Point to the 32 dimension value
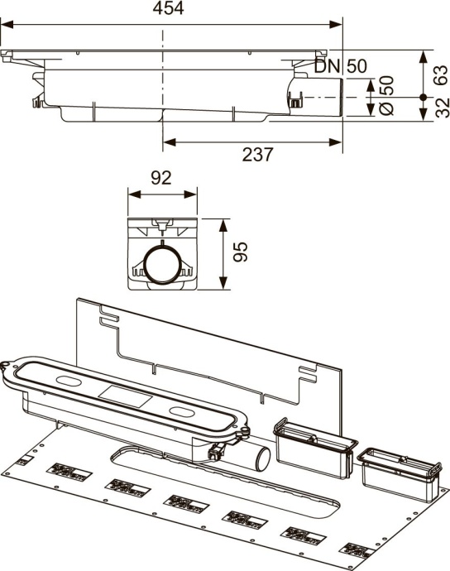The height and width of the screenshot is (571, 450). tap(441, 106)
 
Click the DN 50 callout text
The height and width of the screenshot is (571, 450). tap(342, 66)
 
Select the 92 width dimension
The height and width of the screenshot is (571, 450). tap(161, 177)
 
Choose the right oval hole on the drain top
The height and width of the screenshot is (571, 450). tap(182, 414)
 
